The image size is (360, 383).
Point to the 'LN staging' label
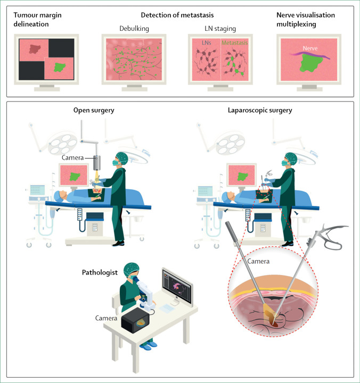click(220, 28)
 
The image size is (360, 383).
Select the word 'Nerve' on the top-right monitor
click(308, 46)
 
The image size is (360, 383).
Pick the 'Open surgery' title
click(94, 111)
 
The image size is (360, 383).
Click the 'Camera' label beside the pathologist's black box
click(107, 318)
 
